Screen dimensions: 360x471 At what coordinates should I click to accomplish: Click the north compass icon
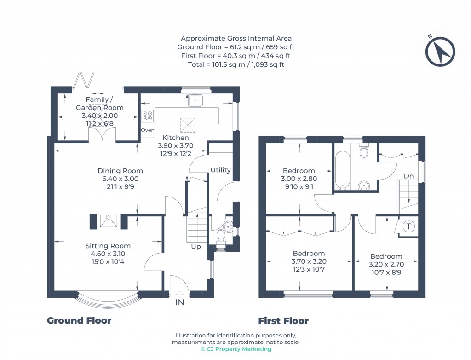tap(440, 51)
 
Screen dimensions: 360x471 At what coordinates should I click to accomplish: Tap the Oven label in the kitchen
tap(148, 130)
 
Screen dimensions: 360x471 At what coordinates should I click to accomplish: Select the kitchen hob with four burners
tap(148, 116)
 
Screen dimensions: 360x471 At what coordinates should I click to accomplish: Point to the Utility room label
tap(220, 170)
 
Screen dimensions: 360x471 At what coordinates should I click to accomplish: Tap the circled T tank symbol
tap(408, 226)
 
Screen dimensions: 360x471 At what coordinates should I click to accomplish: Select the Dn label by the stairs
tap(408, 176)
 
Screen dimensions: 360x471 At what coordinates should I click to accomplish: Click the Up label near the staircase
tap(196, 246)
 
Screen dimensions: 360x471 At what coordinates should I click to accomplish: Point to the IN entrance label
tap(179, 302)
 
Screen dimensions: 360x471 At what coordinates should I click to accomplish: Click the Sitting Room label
tap(108, 246)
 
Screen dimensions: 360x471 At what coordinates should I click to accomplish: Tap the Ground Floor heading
tap(79, 320)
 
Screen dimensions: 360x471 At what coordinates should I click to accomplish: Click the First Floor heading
tap(283, 321)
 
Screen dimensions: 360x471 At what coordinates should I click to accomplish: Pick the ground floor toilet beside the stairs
tap(221, 236)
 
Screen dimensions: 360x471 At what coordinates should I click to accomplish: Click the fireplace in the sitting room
tap(109, 221)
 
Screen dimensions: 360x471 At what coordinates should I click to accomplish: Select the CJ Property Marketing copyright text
tap(235, 349)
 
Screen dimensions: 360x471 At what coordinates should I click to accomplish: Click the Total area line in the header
tap(235, 64)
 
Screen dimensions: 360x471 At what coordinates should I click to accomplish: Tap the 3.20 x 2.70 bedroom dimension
tap(386, 265)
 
